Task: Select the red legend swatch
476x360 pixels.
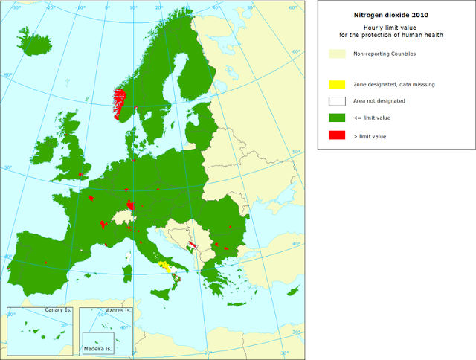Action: click(x=338, y=135)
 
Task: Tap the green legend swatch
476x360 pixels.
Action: click(x=338, y=118)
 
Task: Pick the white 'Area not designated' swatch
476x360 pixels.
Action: click(x=338, y=100)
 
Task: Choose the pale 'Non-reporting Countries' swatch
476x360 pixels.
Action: click(x=338, y=54)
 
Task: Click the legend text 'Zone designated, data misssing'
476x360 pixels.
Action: click(x=394, y=84)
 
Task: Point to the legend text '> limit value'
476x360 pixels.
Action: click(x=370, y=135)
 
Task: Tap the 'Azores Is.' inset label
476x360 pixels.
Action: click(x=118, y=310)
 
